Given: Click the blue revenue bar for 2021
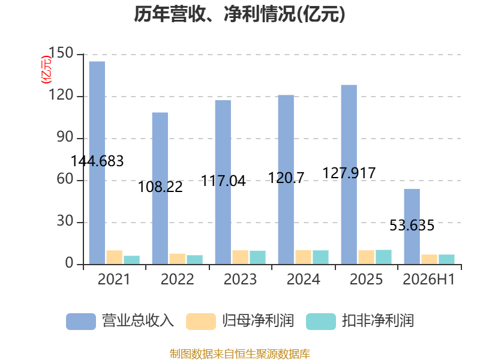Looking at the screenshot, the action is click(x=97, y=163).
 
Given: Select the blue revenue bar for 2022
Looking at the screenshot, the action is click(x=160, y=188).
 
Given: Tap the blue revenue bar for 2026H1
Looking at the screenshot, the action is click(x=412, y=227).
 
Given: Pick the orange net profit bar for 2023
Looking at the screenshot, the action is click(x=241, y=257).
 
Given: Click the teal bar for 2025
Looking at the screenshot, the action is click(x=383, y=257).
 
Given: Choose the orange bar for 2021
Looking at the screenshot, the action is click(x=115, y=257).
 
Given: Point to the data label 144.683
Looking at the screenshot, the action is click(x=97, y=161).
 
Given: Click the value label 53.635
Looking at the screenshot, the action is click(x=412, y=226).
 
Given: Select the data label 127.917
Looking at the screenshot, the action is click(x=349, y=173).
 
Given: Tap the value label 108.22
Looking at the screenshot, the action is click(x=160, y=187).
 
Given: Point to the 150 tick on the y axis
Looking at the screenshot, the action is click(x=61, y=53).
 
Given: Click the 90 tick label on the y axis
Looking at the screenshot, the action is click(x=65, y=137).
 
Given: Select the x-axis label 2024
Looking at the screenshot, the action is click(x=303, y=280).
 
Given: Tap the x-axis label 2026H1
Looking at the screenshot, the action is click(x=429, y=280).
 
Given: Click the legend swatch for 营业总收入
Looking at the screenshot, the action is click(x=81, y=322).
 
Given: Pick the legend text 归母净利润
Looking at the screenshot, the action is click(x=258, y=321).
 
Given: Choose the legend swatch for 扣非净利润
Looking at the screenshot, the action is click(x=321, y=322).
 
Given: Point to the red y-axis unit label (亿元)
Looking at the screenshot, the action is click(x=46, y=70).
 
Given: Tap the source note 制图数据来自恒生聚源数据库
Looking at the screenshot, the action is click(x=239, y=354).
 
